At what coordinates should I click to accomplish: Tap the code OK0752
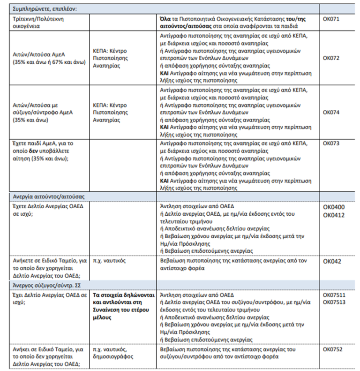(x=332, y=349)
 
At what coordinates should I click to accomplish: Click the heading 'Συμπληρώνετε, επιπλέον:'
(x=45, y=8)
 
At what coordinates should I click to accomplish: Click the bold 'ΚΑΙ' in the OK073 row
(x=165, y=181)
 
